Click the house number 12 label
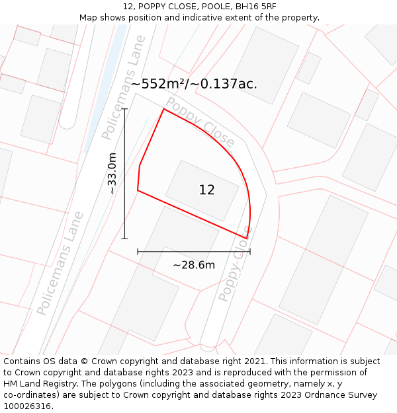[x=206, y=190]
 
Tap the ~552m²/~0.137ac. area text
[x=194, y=84]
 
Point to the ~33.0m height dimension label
[x=112, y=173]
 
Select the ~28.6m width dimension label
[x=193, y=265]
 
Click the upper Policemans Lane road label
[x=124, y=97]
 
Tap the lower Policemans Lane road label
[x=60, y=263]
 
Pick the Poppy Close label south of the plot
[x=235, y=271]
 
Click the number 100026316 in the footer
[x=27, y=406]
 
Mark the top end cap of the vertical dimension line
[x=124, y=109]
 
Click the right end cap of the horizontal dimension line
[x=250, y=252]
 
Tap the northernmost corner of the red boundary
[x=163, y=109]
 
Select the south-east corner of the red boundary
[x=247, y=238]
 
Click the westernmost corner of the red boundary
[x=138, y=190]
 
